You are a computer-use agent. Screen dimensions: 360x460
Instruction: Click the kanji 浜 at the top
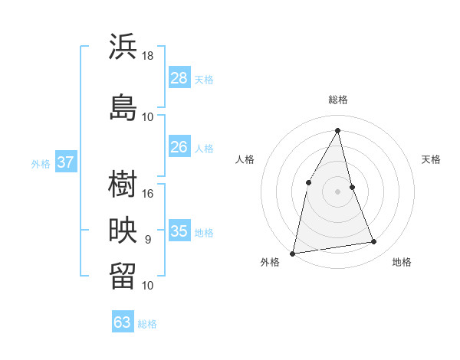point(123,47)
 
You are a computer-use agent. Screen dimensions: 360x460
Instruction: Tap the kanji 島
point(123,107)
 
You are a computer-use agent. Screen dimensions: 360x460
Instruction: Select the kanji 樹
point(123,184)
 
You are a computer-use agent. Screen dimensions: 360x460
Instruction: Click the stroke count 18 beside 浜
point(148,56)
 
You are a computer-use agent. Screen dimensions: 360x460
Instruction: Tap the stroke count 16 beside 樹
point(148,194)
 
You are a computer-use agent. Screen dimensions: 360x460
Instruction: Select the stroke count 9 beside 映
point(148,240)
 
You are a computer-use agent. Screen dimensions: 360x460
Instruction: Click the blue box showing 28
point(179,77)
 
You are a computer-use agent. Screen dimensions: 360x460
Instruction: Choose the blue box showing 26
point(179,146)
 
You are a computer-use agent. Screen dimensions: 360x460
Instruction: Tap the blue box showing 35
point(179,231)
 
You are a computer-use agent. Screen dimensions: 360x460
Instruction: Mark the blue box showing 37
point(65,162)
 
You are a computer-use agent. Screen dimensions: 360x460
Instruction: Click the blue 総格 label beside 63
point(148,324)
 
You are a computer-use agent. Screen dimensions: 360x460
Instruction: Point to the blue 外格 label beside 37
point(40,163)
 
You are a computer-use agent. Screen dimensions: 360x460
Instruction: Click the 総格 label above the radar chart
point(338,100)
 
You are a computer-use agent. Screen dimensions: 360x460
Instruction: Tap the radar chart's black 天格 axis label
point(431,159)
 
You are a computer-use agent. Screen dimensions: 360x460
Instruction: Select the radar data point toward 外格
point(293,253)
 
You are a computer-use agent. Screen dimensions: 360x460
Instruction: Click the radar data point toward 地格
point(374,242)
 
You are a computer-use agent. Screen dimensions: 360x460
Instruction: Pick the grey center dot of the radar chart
point(337,191)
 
